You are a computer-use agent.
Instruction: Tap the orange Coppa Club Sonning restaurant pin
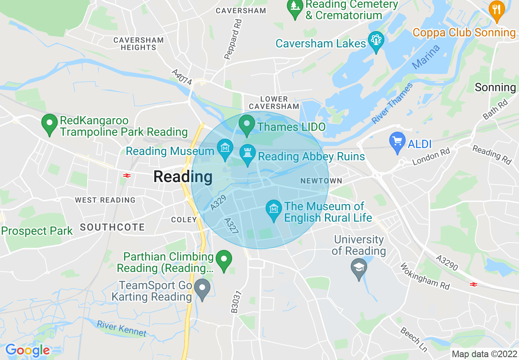496,11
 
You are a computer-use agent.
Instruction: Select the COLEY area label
184,220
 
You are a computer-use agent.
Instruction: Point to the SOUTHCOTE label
113,227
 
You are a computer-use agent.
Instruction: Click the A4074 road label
182,77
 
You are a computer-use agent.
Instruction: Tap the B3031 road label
235,302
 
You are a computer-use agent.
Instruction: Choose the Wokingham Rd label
425,276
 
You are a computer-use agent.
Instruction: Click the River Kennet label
122,328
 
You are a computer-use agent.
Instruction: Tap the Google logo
27,350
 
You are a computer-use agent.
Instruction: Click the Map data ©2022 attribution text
484,354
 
